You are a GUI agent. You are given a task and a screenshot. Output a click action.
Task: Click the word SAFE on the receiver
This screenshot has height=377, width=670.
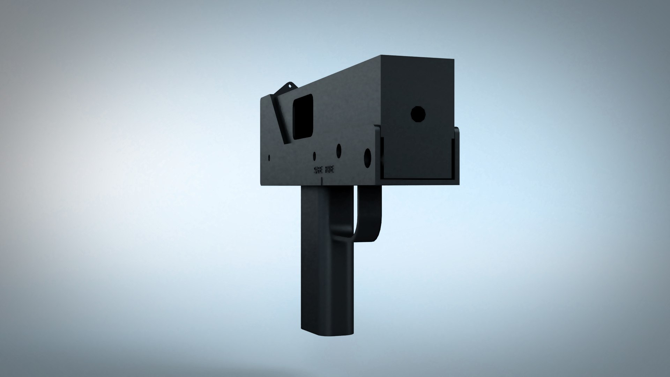tap(318, 170)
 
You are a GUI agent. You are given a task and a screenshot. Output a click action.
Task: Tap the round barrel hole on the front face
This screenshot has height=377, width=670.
tap(418, 114)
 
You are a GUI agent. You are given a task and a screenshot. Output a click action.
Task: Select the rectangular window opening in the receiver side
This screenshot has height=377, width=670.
tap(303, 117)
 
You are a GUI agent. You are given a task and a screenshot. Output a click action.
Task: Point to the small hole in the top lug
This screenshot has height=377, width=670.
tap(289, 85)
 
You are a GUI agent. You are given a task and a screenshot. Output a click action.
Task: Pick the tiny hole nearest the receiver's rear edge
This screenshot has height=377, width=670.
tap(269, 157)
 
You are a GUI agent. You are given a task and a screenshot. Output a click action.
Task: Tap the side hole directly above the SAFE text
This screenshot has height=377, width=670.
tap(314, 156)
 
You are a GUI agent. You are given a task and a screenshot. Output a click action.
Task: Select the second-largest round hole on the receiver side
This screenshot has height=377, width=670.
tap(338, 150)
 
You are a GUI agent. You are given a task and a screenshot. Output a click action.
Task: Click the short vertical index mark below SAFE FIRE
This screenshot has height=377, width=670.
tap(322, 181)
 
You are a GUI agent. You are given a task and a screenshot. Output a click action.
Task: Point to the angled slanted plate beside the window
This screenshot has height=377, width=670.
tap(281, 119)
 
